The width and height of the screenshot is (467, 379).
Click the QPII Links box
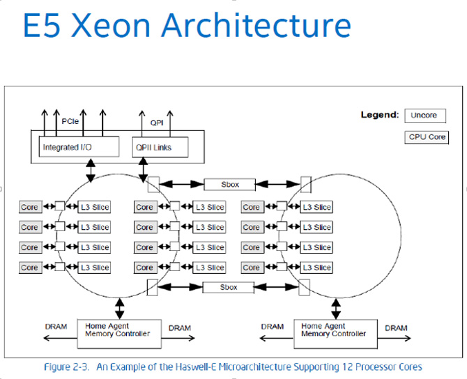tap(153, 147)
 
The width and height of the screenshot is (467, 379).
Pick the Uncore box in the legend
tap(424, 115)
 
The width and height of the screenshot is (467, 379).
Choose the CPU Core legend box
tap(427, 137)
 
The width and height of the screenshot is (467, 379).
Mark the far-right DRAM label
tap(396, 327)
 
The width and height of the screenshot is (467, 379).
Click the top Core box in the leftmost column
tap(29, 207)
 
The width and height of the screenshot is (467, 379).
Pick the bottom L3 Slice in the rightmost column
tap(316, 268)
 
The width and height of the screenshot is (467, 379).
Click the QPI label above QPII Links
tap(156, 121)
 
